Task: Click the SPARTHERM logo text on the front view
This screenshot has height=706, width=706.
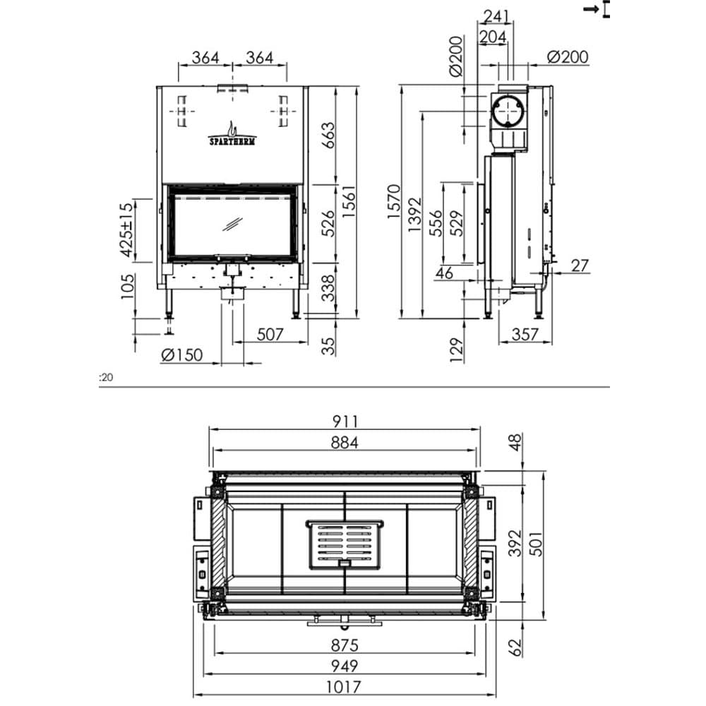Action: pos(232,140)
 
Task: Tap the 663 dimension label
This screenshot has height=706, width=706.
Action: pos(327,136)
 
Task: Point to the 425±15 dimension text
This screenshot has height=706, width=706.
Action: pos(126,229)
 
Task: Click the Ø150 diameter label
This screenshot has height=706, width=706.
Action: pos(181,355)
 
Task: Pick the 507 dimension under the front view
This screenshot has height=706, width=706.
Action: pos(269,333)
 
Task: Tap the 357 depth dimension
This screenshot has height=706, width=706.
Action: pos(525,334)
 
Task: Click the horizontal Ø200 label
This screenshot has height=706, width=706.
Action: pos(568,57)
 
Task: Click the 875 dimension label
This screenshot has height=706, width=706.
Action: pos(345,645)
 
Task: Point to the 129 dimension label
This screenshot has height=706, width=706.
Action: pos(457,349)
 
